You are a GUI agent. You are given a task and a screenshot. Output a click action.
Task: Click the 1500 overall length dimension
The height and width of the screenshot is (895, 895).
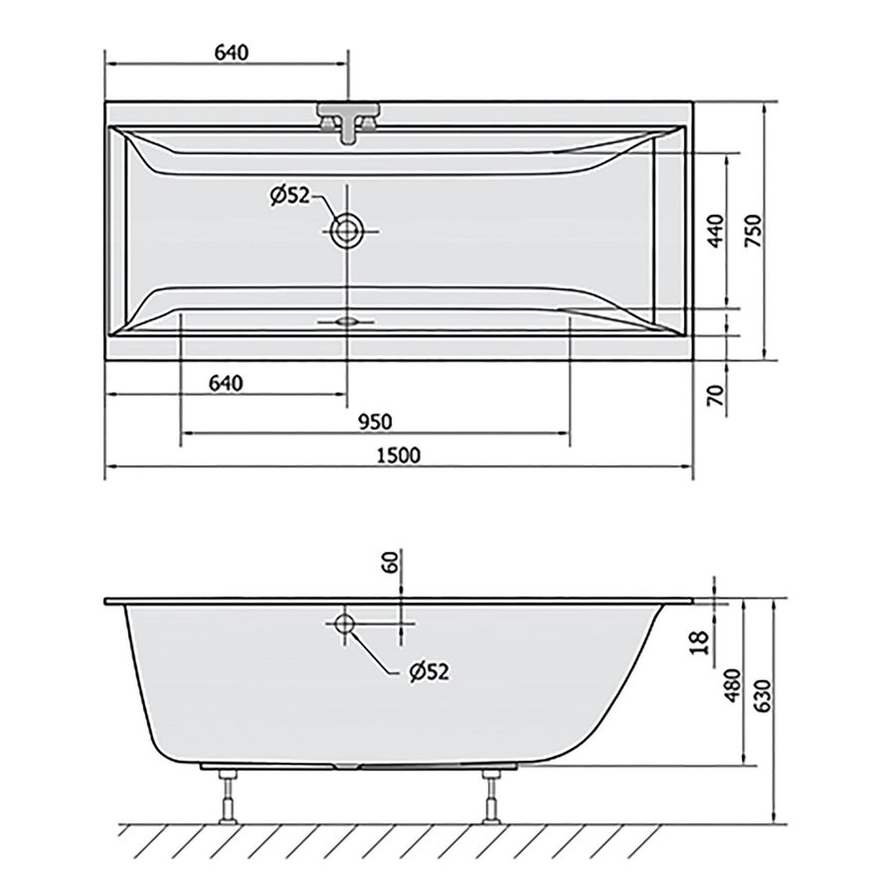tap(399, 455)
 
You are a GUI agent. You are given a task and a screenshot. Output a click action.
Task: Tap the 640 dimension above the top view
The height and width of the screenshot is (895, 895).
tap(230, 53)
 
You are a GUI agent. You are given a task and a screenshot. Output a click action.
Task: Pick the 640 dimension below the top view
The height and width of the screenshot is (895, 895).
tap(226, 383)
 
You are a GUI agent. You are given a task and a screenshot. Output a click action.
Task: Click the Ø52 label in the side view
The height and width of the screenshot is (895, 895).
tap(429, 671)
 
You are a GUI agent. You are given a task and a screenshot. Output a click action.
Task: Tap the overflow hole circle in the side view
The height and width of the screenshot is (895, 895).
tap(344, 625)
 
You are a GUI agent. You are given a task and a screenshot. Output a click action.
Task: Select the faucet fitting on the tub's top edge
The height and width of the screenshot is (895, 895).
tap(347, 121)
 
